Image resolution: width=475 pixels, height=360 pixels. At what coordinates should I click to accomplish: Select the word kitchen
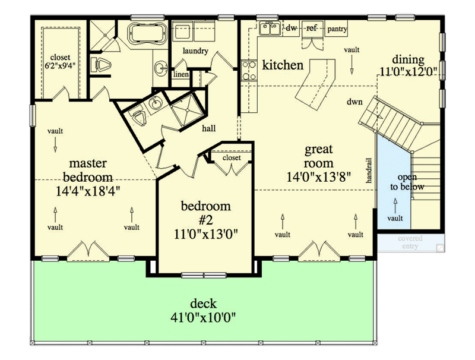[x=283, y=65]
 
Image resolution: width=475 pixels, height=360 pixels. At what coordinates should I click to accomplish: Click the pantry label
[x=336, y=29]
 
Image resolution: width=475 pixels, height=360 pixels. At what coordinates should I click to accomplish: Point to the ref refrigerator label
[x=311, y=28]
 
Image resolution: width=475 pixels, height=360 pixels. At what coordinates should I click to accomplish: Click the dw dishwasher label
[x=291, y=28]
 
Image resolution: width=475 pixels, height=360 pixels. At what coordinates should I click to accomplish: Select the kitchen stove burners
[x=248, y=70]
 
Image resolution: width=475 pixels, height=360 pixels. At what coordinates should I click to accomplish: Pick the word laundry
[x=195, y=51]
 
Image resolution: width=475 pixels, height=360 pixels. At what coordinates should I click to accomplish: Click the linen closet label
[x=180, y=74]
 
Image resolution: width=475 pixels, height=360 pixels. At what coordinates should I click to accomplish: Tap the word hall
[x=208, y=128]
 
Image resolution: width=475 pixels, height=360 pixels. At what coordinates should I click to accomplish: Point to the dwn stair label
[x=355, y=102]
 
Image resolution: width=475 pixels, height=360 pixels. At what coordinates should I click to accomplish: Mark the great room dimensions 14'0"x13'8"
[x=318, y=176]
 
